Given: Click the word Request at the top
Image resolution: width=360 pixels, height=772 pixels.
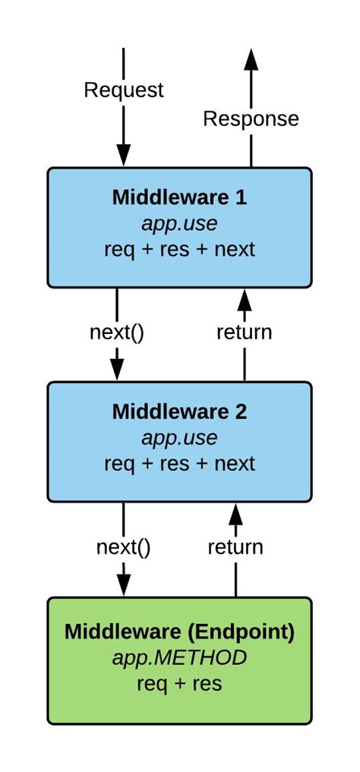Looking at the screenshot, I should [123, 90].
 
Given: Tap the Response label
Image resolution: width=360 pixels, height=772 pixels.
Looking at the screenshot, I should [251, 118].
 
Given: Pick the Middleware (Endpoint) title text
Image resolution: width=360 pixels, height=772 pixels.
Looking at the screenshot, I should [179, 631].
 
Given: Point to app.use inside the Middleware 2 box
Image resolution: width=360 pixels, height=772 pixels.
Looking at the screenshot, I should [179, 438].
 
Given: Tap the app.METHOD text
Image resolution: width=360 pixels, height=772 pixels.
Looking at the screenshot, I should [179, 657].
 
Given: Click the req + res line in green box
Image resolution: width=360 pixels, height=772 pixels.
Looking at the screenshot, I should [179, 683].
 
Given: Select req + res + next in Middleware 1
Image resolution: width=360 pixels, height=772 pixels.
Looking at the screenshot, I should [179, 249].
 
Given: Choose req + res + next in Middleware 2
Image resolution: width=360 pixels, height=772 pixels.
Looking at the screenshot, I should [179, 463].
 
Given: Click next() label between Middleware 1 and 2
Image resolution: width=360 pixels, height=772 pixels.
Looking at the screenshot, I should [116, 332].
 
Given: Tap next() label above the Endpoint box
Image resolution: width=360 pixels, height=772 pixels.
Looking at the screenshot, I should [123, 547].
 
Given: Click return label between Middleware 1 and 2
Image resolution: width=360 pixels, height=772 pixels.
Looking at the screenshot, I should [244, 332].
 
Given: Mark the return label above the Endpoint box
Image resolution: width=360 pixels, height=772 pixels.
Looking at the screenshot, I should [235, 547].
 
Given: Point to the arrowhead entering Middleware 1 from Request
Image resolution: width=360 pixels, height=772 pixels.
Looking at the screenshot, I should [123, 154].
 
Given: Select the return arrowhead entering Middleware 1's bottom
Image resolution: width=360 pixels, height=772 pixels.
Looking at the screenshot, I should [244, 301].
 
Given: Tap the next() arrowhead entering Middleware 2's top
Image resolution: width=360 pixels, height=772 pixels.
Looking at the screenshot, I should [116, 368].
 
